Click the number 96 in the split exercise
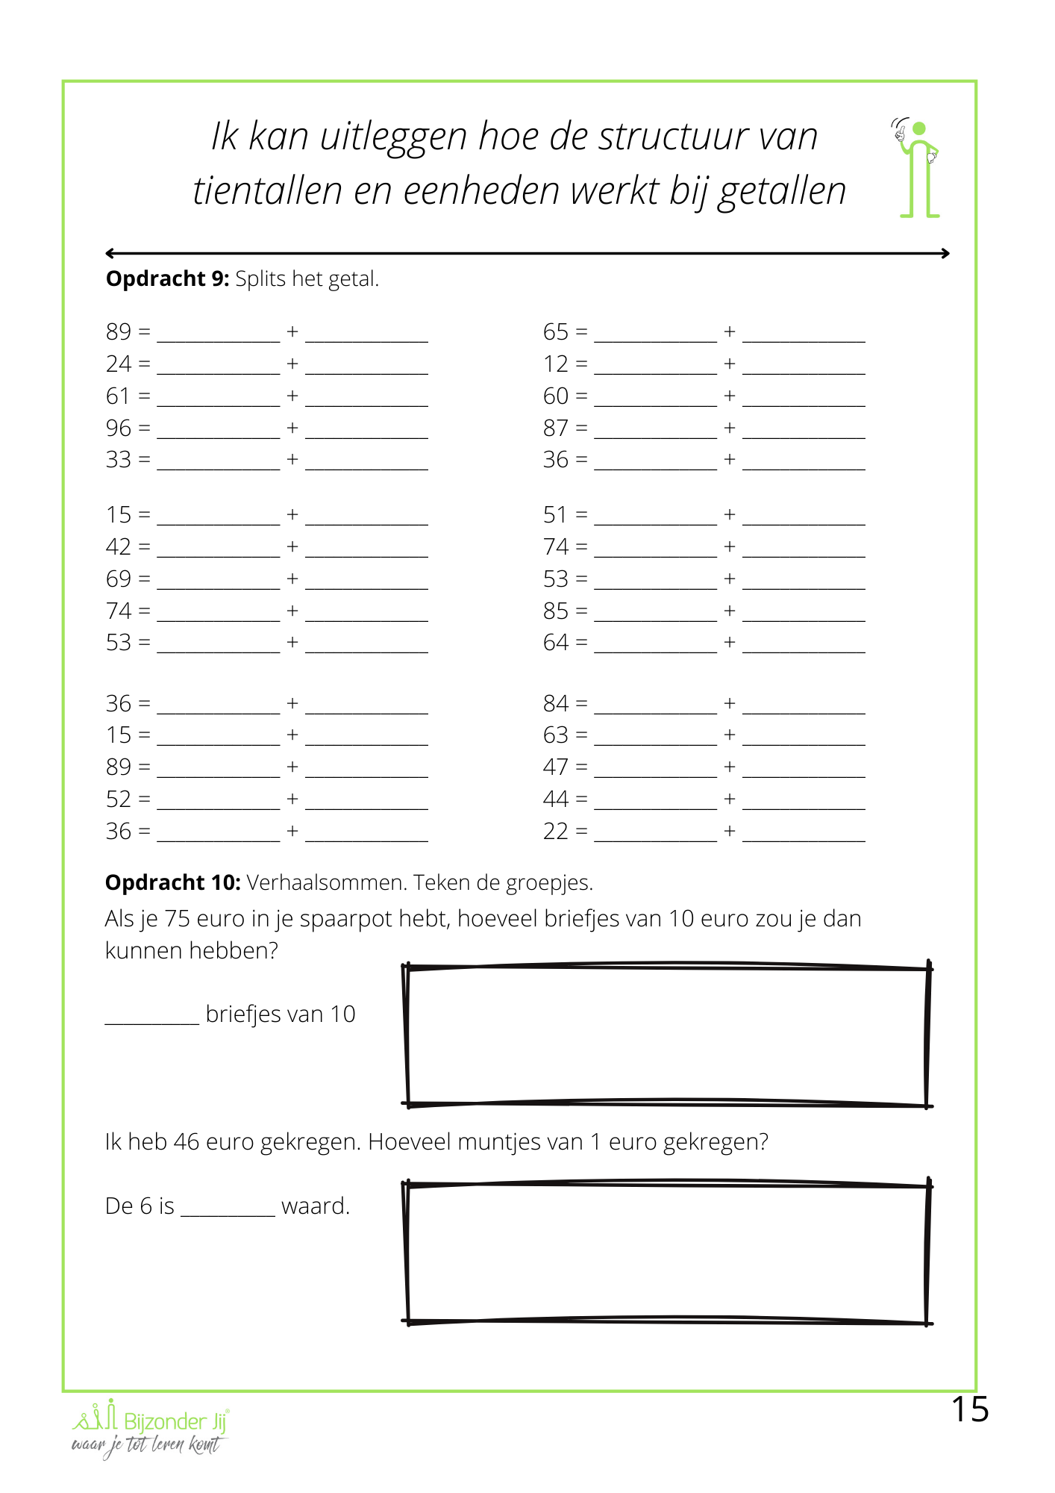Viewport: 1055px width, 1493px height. coord(119,428)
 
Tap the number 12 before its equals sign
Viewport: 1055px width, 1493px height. coord(556,364)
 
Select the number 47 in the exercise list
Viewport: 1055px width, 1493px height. coord(556,767)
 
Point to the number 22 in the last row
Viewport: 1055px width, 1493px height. coord(556,831)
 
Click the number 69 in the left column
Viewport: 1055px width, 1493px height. coord(119,579)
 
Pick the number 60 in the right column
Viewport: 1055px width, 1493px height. coord(556,396)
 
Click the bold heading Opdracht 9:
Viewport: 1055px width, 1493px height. coord(167,278)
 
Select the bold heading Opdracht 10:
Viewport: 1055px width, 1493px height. coord(172,882)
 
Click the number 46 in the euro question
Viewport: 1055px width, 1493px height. coord(187,1141)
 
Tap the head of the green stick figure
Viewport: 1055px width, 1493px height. coord(919,129)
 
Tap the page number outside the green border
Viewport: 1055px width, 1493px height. coord(970,1409)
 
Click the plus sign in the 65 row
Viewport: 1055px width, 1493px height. coord(730,331)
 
